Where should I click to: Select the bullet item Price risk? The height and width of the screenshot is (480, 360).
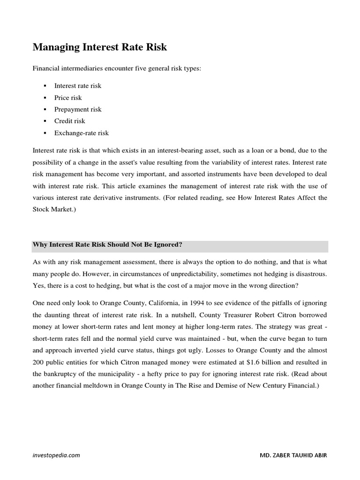(68, 97)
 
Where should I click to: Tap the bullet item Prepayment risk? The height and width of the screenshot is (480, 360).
(78, 109)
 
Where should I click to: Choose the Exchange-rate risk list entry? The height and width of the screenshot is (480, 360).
(82, 133)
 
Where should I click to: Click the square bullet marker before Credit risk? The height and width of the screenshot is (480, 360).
(45, 121)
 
